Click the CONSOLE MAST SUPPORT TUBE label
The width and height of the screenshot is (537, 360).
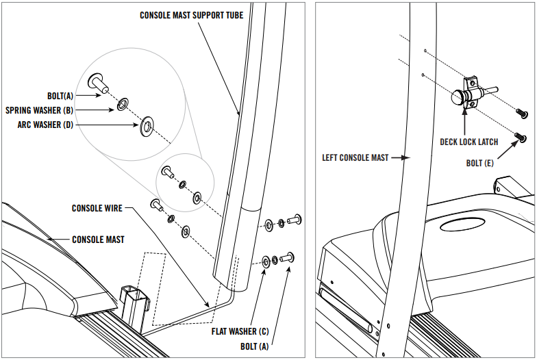pyautogui.click(x=191, y=14)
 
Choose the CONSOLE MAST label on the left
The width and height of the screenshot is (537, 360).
pyautogui.click(x=99, y=240)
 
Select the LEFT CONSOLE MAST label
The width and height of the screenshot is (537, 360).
pyautogui.click(x=355, y=157)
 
